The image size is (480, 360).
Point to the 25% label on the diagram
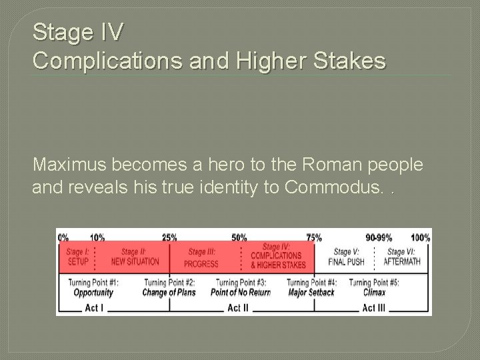(169, 237)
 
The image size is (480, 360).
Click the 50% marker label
(239, 237)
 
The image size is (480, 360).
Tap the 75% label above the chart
(314, 237)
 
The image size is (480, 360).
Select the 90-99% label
(379, 237)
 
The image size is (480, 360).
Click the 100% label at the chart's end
(420, 237)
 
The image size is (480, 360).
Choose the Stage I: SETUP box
(78, 257)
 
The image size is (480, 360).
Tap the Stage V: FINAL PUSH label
(346, 257)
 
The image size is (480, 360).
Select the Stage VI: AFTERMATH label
(401, 257)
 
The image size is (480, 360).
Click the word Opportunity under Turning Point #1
(93, 293)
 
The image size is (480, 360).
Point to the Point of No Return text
(240, 293)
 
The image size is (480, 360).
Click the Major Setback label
(311, 293)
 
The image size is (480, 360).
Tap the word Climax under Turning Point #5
(375, 293)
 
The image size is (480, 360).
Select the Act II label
(238, 307)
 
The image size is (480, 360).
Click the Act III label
(373, 307)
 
